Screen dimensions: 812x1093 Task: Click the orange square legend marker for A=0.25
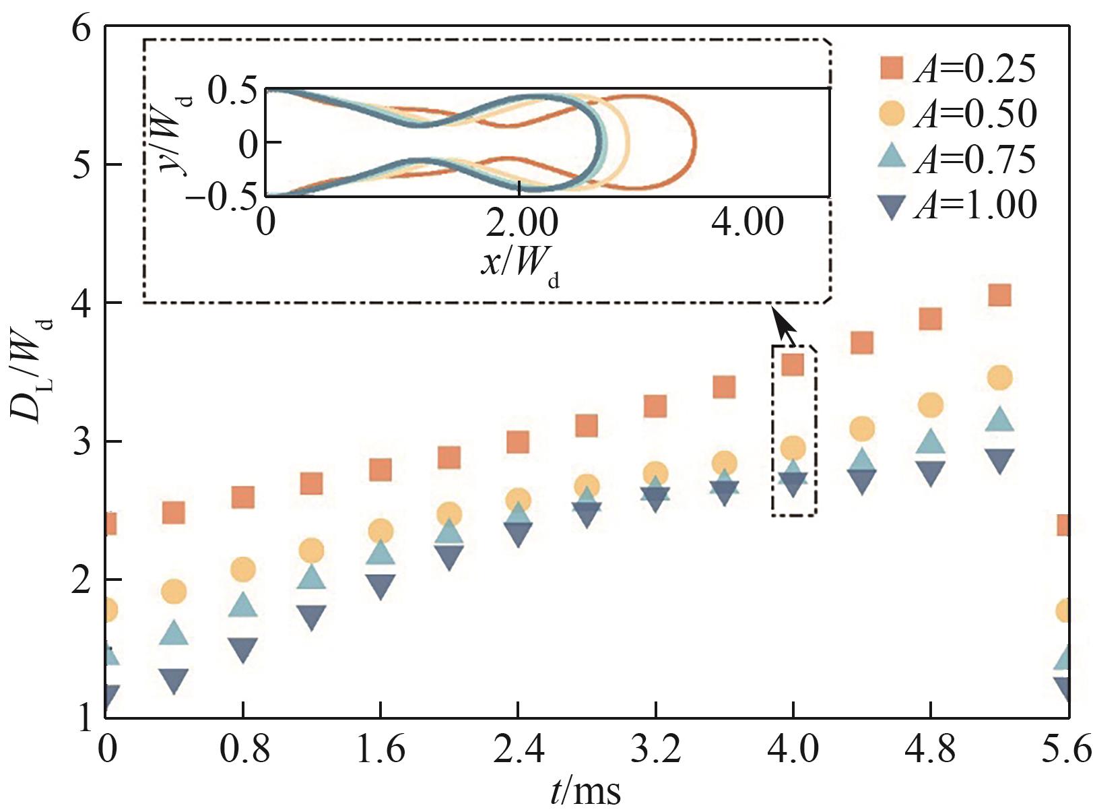tap(892, 69)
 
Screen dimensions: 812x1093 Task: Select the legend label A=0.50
tap(975, 114)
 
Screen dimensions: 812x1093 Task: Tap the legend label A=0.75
tap(975, 159)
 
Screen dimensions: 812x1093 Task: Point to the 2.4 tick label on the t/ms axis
tap(518, 749)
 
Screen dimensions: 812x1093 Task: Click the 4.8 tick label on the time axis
tap(930, 749)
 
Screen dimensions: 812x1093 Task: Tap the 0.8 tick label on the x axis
tap(244, 749)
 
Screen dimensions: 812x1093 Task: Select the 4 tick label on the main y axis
tap(82, 303)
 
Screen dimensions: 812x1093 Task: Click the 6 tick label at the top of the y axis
tap(82, 30)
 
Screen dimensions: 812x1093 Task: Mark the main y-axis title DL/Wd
tap(32, 372)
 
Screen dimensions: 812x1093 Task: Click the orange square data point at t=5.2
tap(999, 295)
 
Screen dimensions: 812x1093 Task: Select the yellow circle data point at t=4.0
tap(793, 448)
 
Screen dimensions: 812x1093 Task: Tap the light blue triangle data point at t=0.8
tap(243, 606)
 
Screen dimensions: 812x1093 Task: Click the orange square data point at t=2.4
tap(517, 443)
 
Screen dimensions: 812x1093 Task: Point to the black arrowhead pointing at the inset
tap(783, 324)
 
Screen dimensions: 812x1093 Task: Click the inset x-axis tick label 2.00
tap(521, 222)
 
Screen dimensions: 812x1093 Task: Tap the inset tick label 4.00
tap(748, 222)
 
